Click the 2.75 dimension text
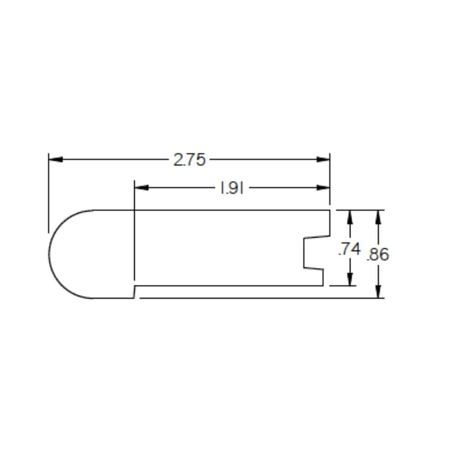(189, 160)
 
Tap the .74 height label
(349, 249)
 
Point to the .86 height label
(378, 254)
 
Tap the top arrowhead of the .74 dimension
(349, 217)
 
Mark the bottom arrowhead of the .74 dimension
(349, 279)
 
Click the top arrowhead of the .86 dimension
(378, 217)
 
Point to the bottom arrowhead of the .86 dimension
(378, 292)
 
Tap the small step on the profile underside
(134, 292)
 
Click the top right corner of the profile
(329, 210)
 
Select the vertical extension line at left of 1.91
(135, 227)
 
